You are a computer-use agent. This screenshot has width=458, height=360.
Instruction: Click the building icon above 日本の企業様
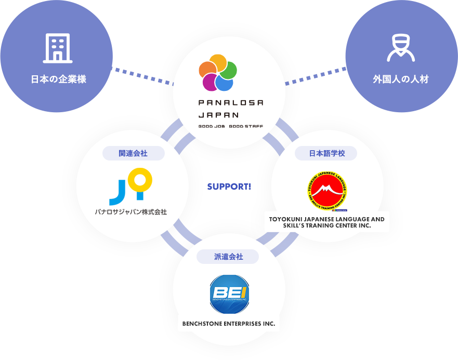(x=57, y=48)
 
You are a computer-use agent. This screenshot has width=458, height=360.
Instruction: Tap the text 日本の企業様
(x=58, y=79)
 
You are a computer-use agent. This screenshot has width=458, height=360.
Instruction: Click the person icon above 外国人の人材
(x=400, y=48)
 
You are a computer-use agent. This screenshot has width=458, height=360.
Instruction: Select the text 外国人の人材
(x=400, y=79)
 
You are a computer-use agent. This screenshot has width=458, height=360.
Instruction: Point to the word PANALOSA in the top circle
(x=231, y=102)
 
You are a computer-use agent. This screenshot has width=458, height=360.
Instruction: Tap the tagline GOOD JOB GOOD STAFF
(x=231, y=126)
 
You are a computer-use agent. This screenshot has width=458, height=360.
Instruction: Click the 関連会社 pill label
(x=133, y=153)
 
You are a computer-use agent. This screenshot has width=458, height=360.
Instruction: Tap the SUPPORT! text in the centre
(x=229, y=186)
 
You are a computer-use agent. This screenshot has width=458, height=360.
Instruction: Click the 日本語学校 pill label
(x=326, y=153)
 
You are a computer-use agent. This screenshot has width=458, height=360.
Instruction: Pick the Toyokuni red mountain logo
(x=326, y=191)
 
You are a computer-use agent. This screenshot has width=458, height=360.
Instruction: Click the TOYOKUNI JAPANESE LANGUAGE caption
(x=326, y=222)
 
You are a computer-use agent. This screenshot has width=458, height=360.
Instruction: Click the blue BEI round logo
(x=229, y=295)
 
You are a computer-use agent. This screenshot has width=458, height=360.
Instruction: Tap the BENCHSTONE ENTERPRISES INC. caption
(x=229, y=324)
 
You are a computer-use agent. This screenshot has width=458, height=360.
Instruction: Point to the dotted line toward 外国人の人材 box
(x=296, y=81)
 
